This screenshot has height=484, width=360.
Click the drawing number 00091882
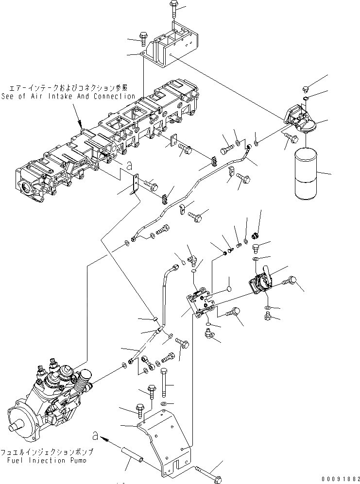[x=335, y=479]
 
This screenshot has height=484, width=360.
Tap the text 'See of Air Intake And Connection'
[x=68, y=96]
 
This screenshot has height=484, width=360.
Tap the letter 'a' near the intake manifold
[x=129, y=165]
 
